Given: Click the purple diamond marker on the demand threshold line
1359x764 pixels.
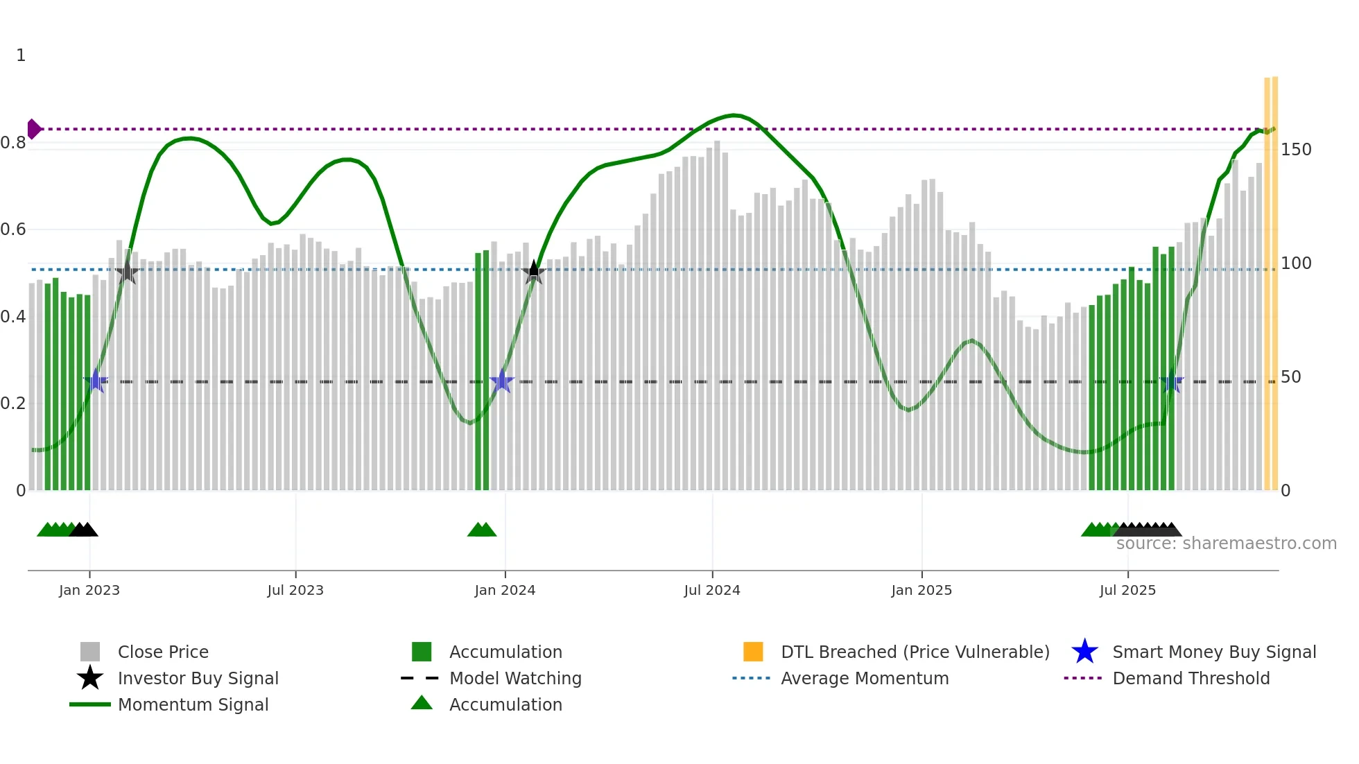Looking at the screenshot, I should point(33,129).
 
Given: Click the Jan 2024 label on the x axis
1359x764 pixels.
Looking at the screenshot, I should point(505,590).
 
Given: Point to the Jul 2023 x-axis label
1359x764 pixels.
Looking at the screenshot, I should point(295,590).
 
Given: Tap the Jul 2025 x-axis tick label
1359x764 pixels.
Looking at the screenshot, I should point(1127,590).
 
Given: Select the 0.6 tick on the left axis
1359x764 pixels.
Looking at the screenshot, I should point(14,229).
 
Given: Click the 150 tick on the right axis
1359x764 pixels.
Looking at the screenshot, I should point(1295,150).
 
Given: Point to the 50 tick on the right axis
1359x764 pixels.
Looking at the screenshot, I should point(1290,377).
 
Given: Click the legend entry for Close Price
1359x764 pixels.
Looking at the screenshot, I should point(162,652).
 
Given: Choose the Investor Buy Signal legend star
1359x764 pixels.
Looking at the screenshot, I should point(90,678).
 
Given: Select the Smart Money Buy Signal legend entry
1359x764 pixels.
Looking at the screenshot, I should point(1213,652).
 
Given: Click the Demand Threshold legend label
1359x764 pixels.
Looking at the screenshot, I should point(1191,678).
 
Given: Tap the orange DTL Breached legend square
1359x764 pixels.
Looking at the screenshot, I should point(753,652).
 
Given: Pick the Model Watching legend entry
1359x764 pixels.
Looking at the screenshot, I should point(514,678).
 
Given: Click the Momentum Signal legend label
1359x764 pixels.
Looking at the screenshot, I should point(193,704).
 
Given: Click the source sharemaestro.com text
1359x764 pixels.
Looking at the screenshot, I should point(1226,544).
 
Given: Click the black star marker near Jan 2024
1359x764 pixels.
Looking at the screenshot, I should point(533,272).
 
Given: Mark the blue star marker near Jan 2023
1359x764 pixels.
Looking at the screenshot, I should point(96,381).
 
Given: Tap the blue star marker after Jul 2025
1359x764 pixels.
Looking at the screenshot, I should point(1172,381).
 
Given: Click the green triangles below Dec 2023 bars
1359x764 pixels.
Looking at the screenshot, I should point(482,530).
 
